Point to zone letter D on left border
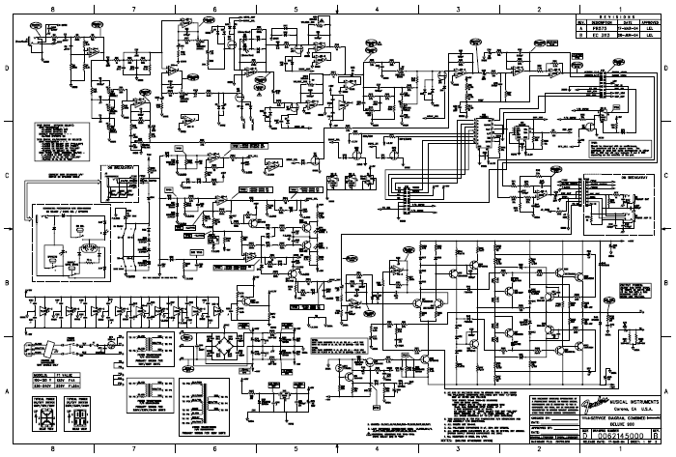(x=7, y=69)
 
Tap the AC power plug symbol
(x=36, y=350)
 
